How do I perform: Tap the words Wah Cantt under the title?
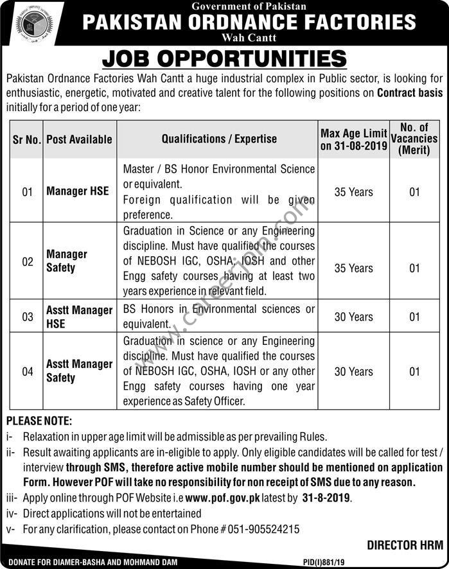tap(249, 38)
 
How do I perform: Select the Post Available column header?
tap(79, 139)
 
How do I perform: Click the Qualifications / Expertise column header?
tap(219, 139)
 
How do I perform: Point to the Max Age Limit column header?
tap(353, 139)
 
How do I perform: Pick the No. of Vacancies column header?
tap(414, 139)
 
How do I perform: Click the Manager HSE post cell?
tap(78, 191)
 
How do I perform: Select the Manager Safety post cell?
tap(67, 261)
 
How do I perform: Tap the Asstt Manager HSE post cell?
tap(79, 317)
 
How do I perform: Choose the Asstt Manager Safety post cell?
tap(79, 371)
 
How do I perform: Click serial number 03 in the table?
tap(28, 317)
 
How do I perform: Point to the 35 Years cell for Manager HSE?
tap(353, 191)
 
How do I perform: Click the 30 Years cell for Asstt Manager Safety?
tap(353, 371)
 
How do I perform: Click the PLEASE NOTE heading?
tap(39, 421)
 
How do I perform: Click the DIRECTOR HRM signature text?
tap(405, 545)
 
